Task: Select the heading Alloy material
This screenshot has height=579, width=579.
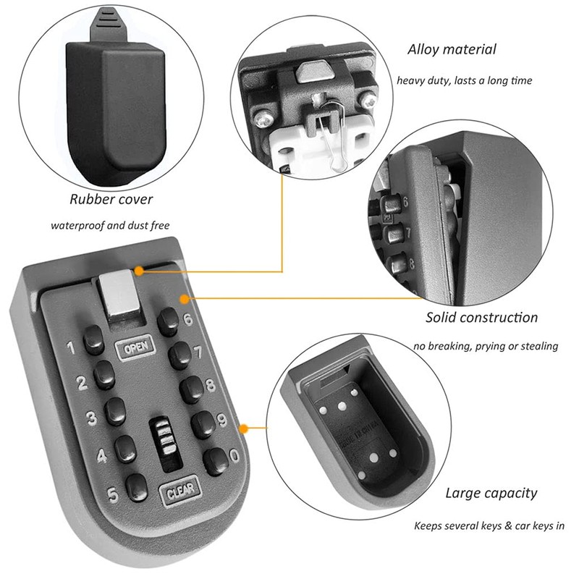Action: [452, 49]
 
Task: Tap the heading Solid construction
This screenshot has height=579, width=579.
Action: [482, 317]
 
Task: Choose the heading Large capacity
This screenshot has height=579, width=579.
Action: [491, 494]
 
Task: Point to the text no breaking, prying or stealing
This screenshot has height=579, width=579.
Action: [486, 346]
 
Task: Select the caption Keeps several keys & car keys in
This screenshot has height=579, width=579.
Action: [490, 526]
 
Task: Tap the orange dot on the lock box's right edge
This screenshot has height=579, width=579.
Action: [245, 428]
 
